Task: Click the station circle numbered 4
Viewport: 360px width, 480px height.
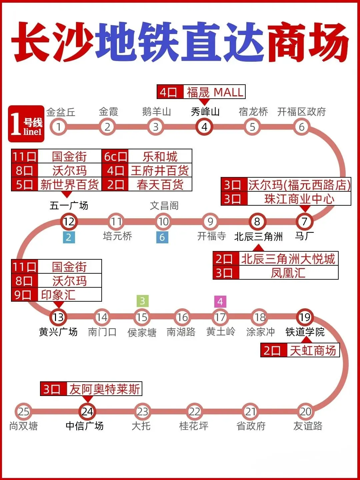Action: [x=204, y=127]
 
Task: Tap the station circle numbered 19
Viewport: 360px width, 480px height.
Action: [x=305, y=317]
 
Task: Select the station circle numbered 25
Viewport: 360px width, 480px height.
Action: [x=23, y=412]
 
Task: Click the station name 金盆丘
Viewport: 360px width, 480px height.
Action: [x=61, y=112]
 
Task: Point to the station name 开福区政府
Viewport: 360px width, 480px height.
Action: [x=301, y=112]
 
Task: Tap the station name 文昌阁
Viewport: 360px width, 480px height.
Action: [x=164, y=206]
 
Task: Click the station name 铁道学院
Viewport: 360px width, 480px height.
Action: [x=305, y=332]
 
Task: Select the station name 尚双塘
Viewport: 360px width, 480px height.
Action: [x=23, y=426]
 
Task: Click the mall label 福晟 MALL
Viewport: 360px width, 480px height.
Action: [x=214, y=92]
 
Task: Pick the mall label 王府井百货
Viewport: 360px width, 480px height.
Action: [x=160, y=171]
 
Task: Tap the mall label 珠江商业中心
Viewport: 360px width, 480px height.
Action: [x=299, y=199]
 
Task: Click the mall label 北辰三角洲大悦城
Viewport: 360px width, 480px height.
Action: [x=288, y=259]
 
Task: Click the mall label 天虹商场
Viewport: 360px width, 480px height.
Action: [x=313, y=350]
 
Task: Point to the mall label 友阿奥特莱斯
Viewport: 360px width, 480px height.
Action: [x=104, y=389]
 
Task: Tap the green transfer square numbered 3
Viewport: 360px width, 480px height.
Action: [x=142, y=301]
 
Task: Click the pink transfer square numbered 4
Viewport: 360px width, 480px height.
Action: [x=220, y=301]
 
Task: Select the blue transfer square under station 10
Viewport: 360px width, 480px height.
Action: [x=162, y=237]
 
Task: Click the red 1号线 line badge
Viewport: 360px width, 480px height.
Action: [x=26, y=124]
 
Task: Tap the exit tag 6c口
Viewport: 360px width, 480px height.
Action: [x=115, y=156]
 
